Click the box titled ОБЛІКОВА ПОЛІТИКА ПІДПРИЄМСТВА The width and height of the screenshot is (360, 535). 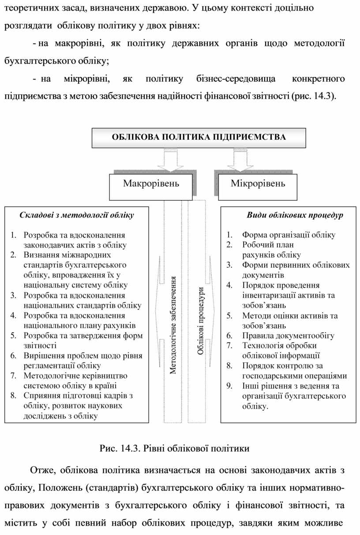click(198, 137)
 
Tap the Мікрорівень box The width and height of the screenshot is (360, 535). click(258, 183)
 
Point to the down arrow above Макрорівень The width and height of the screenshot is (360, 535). click(170, 160)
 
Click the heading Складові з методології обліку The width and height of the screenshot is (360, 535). click(77, 215)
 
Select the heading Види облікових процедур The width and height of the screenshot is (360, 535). click(295, 215)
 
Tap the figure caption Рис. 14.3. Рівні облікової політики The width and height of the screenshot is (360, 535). click(175, 449)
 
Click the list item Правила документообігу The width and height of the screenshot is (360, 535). click(288, 336)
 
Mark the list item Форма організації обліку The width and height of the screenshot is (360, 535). click(289, 235)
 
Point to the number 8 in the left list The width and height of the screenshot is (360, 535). click(14, 396)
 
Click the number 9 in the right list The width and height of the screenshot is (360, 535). click(229, 386)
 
